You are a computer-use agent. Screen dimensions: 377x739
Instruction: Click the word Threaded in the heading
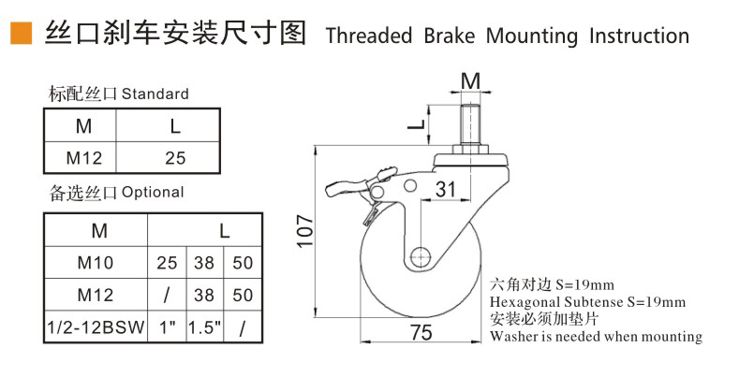(368, 36)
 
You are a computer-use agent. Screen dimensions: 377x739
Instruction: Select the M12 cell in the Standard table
(83, 157)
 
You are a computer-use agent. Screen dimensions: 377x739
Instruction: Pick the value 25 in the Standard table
(175, 157)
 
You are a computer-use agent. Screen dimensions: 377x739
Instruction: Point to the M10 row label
(96, 263)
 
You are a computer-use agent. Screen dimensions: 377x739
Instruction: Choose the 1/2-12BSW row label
(96, 328)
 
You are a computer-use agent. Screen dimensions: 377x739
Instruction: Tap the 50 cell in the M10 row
(243, 263)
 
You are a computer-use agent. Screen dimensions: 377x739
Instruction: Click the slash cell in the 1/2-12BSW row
(243, 328)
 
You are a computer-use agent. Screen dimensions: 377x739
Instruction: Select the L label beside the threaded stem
(421, 122)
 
